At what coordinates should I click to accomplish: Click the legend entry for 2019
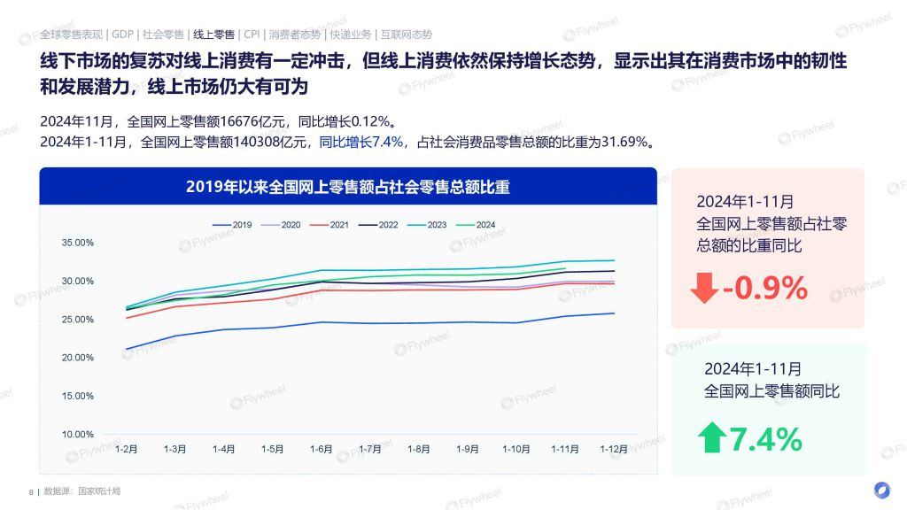pos(232,225)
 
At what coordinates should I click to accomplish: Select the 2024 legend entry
pos(476,225)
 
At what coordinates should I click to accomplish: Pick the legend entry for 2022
pos(378,225)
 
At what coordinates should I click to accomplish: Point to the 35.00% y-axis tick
pos(78,243)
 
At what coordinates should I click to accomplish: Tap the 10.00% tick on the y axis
pos(78,434)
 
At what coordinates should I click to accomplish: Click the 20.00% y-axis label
pos(78,358)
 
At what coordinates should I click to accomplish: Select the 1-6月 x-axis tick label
pos(321,449)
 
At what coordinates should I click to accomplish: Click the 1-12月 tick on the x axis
pos(614,449)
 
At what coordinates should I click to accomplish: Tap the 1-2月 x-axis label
pos(126,449)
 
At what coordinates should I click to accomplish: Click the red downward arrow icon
pos(704,288)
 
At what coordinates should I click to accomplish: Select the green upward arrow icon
pos(712,437)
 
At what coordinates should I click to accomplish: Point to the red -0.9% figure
pos(764,288)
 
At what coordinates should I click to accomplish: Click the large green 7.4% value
pos(765,439)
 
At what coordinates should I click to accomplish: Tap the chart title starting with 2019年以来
pos(347,187)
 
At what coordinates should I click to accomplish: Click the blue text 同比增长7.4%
pos(361,142)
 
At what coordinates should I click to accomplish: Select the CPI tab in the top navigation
pos(252,35)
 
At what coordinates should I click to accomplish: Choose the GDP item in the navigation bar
pos(122,35)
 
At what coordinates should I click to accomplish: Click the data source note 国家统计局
pos(99,491)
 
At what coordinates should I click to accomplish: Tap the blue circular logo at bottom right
pos(881,490)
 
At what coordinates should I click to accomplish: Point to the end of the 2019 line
pos(615,313)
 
